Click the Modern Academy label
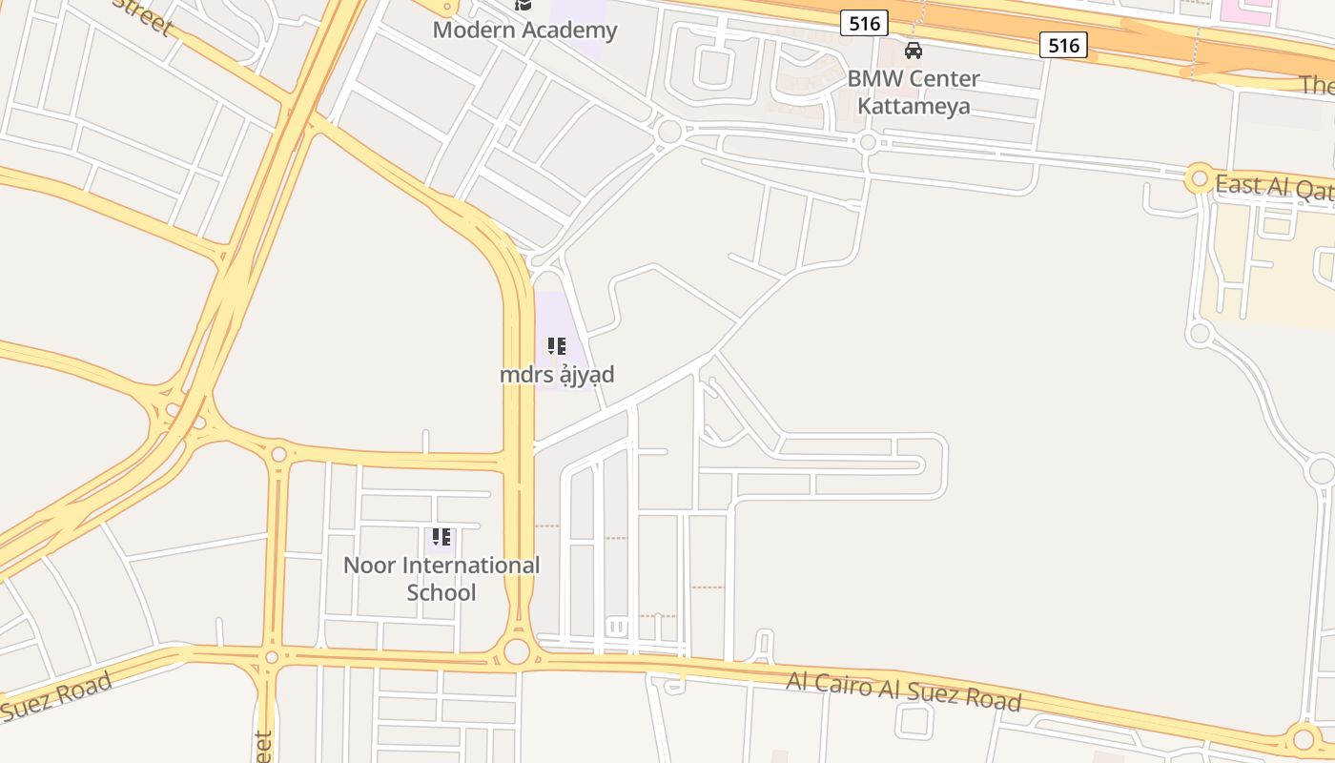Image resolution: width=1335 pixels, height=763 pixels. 524,30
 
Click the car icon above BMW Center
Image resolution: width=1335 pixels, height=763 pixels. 914,51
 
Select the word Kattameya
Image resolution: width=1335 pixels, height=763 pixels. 914,105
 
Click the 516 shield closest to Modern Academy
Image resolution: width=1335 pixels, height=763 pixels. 865,23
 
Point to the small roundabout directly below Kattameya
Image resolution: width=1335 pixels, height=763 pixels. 867,143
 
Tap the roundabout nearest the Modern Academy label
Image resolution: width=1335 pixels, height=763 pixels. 669,132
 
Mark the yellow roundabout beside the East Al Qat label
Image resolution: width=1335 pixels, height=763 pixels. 1199,178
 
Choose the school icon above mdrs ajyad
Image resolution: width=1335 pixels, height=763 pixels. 557,346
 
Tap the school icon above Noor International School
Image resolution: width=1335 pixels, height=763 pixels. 441,537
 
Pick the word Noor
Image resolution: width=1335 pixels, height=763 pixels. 368,565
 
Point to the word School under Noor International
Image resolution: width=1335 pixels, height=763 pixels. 441,592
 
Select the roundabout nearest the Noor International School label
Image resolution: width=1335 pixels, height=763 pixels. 516,651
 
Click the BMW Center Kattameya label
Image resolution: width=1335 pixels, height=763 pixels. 914,92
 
